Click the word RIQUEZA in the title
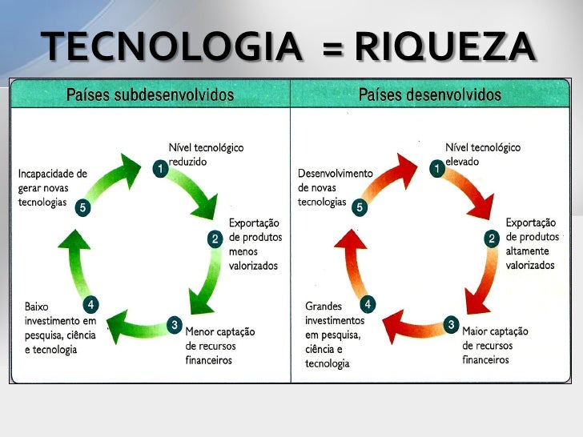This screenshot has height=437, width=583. pyautogui.click(x=444, y=49)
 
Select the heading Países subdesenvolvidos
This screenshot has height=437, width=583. pyautogui.click(x=150, y=95)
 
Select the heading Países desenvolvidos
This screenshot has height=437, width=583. pyautogui.click(x=429, y=95)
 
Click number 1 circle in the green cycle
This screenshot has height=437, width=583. pyautogui.click(x=159, y=169)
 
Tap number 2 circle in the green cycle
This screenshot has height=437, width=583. pyautogui.click(x=215, y=239)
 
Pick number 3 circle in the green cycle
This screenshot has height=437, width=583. pyautogui.click(x=174, y=324)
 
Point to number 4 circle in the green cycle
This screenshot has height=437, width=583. pyautogui.click(x=91, y=304)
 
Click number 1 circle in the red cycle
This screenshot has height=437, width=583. pyautogui.click(x=436, y=169)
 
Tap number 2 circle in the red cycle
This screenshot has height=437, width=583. pyautogui.click(x=492, y=239)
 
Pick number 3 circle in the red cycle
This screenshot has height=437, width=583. pyautogui.click(x=451, y=324)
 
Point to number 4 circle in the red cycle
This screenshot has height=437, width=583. pyautogui.click(x=368, y=304)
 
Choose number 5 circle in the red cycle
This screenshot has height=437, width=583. pyautogui.click(x=360, y=208)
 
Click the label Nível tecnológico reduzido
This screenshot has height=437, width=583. pyautogui.click(x=205, y=154)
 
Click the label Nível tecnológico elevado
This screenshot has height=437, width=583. pyautogui.click(x=482, y=154)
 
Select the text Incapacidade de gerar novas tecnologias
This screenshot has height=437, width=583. pyautogui.click(x=54, y=187)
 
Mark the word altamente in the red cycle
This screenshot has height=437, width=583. pyautogui.click(x=527, y=251)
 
